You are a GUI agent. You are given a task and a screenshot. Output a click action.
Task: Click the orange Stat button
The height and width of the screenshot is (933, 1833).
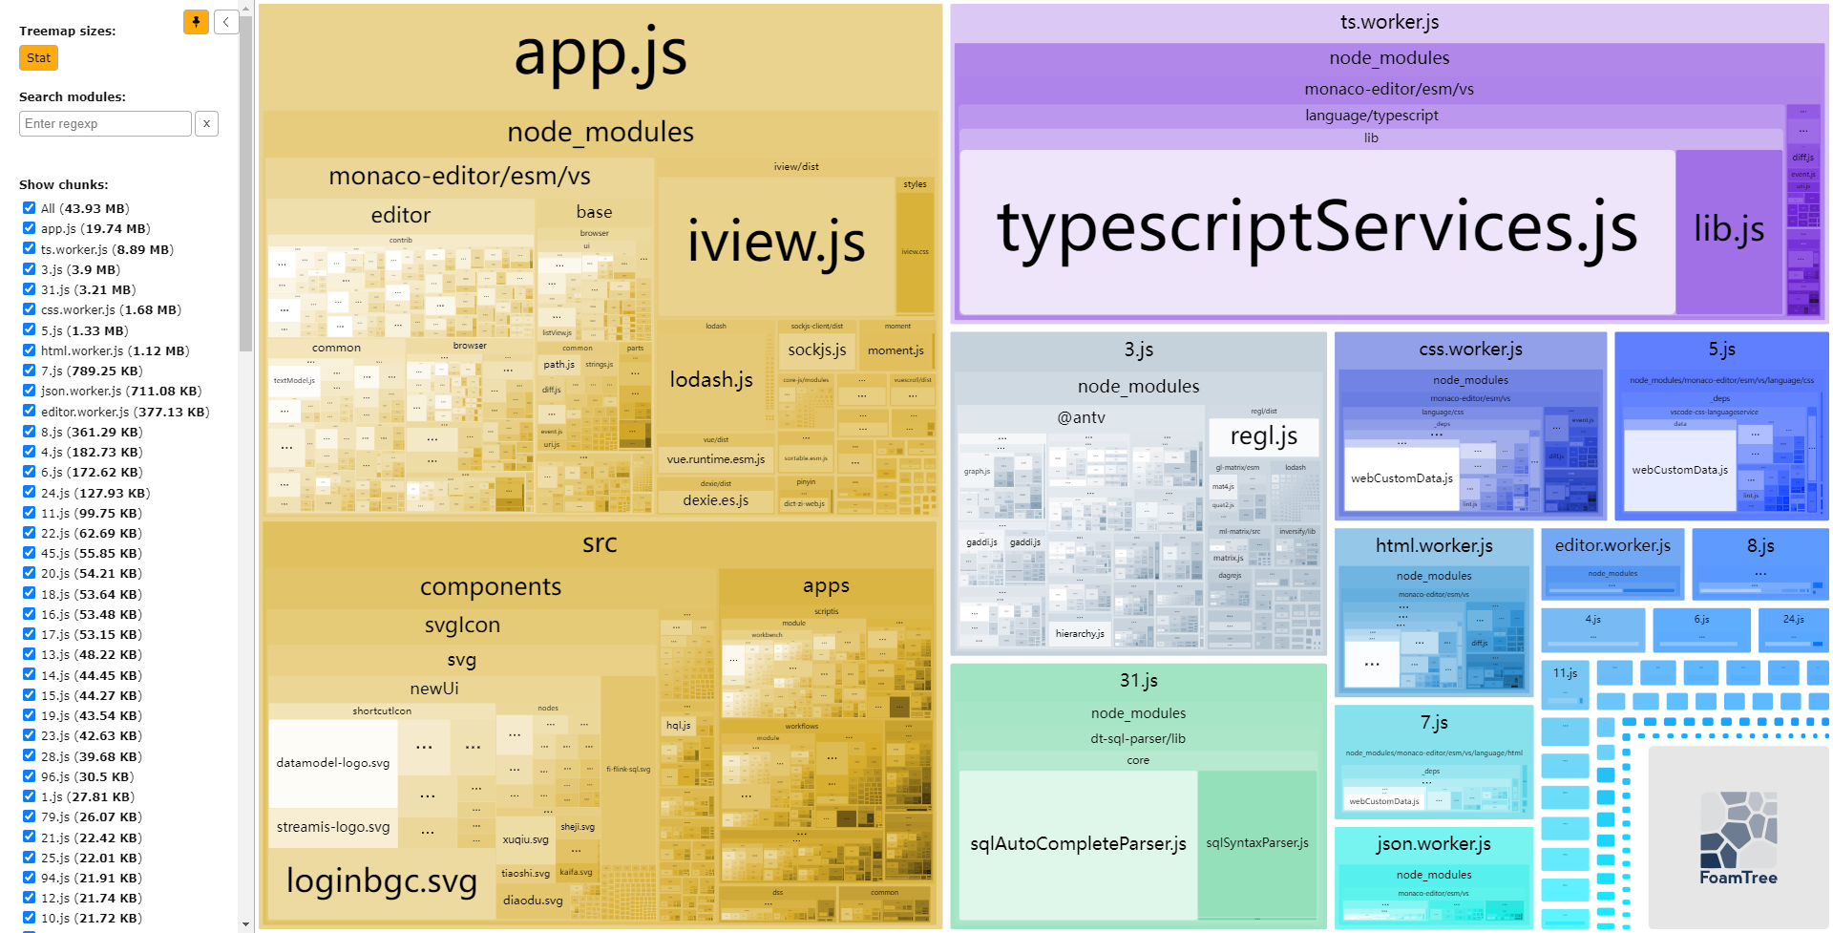click(x=38, y=58)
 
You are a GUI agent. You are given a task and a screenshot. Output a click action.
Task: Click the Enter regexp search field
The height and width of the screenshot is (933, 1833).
click(x=105, y=123)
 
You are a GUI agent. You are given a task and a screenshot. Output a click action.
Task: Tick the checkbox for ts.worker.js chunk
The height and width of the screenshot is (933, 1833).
click(x=29, y=248)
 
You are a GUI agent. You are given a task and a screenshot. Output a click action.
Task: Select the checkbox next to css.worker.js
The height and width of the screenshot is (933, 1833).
click(x=29, y=309)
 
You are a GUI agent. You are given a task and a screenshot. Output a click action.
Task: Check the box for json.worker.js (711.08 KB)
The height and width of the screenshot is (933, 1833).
click(x=29, y=391)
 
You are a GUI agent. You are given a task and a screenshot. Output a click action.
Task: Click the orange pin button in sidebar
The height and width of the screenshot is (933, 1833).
click(x=196, y=22)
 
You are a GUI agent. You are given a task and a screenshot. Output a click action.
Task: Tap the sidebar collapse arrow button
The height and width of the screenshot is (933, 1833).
click(x=226, y=22)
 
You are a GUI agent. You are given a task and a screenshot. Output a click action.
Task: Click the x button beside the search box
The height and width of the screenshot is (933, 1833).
click(x=206, y=123)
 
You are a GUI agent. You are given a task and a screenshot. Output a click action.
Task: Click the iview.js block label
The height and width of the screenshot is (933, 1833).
click(x=775, y=241)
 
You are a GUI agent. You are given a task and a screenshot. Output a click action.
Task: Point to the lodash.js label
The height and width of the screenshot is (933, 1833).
click(x=711, y=380)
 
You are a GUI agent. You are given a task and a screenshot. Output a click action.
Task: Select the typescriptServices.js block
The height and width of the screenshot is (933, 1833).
click(x=1317, y=229)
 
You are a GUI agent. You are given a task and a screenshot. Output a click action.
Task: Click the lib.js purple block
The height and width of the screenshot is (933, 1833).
click(x=1729, y=229)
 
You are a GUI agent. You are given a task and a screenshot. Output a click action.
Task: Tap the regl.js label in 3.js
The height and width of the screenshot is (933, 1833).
click(x=1263, y=436)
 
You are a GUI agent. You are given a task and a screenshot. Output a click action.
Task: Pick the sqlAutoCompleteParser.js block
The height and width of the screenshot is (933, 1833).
click(x=1078, y=843)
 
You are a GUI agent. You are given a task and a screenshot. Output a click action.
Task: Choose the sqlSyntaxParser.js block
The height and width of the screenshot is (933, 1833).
click(x=1256, y=843)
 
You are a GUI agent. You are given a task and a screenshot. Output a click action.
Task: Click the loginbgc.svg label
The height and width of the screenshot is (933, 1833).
click(x=381, y=880)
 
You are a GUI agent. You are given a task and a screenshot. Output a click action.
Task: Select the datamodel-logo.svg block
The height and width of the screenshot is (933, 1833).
click(x=332, y=763)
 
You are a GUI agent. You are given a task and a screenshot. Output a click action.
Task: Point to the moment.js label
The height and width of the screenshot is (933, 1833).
click(x=895, y=350)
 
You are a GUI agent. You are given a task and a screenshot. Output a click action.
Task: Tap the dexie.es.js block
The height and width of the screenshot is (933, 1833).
click(x=715, y=500)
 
